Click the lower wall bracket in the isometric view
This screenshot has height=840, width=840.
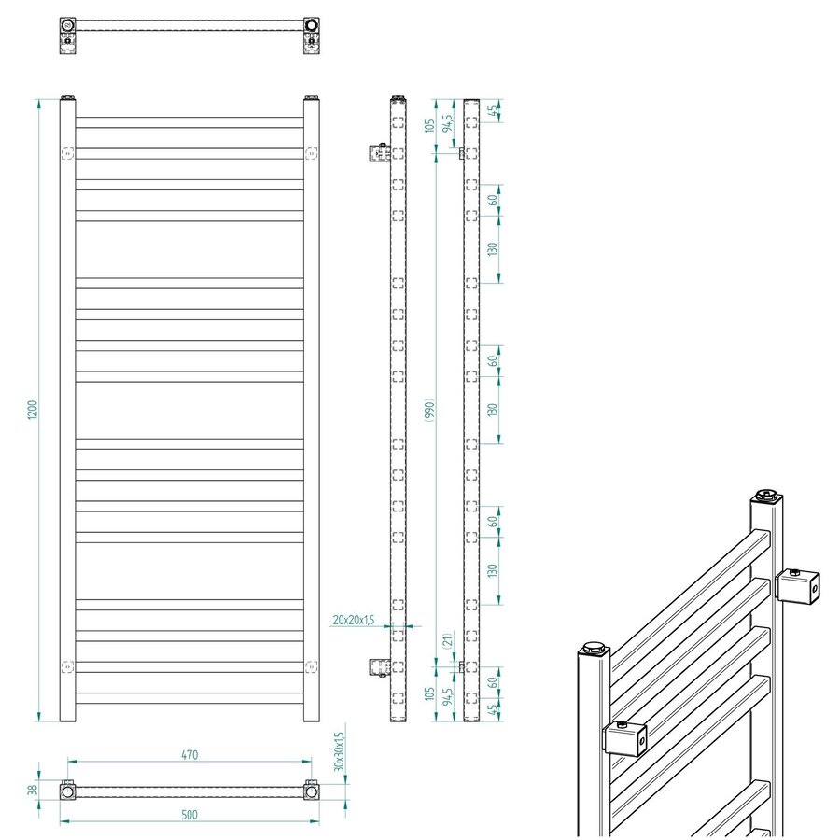pyautogui.click(x=627, y=739)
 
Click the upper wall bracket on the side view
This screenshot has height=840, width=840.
pyautogui.click(x=379, y=151)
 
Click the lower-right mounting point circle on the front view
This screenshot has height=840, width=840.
pyautogui.click(x=311, y=665)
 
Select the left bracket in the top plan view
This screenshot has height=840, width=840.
pyautogui.click(x=68, y=33)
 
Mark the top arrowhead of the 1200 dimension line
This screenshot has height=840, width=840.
pyautogui.click(x=38, y=102)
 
